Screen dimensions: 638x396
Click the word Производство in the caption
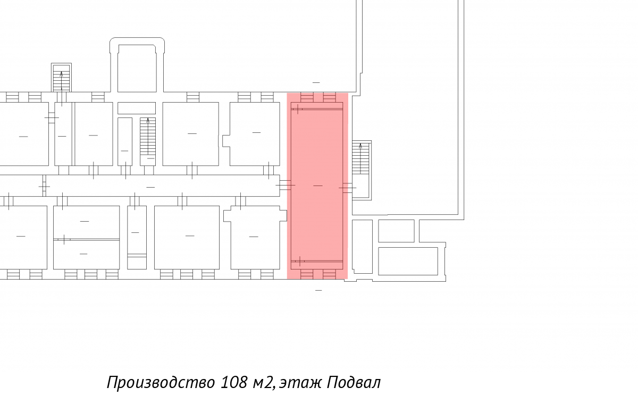click(x=161, y=383)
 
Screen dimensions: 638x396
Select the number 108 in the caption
click(x=234, y=382)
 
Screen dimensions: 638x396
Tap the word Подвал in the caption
click(x=354, y=382)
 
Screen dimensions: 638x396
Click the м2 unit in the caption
click(x=264, y=383)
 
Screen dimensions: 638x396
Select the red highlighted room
click(x=317, y=186)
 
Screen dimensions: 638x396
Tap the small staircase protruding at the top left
click(x=61, y=78)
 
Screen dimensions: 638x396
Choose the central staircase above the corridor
click(x=148, y=141)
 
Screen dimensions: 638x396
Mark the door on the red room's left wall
click(x=286, y=185)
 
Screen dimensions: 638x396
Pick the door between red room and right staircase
click(x=348, y=188)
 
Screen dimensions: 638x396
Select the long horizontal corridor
click(x=162, y=186)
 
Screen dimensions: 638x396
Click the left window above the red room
click(x=307, y=97)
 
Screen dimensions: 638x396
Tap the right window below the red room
click(x=329, y=274)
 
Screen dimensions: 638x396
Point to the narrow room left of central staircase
click(x=125, y=141)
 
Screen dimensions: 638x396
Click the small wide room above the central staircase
click(x=137, y=108)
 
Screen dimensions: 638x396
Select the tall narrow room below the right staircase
click(x=362, y=247)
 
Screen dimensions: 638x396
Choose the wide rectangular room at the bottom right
click(x=408, y=262)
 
